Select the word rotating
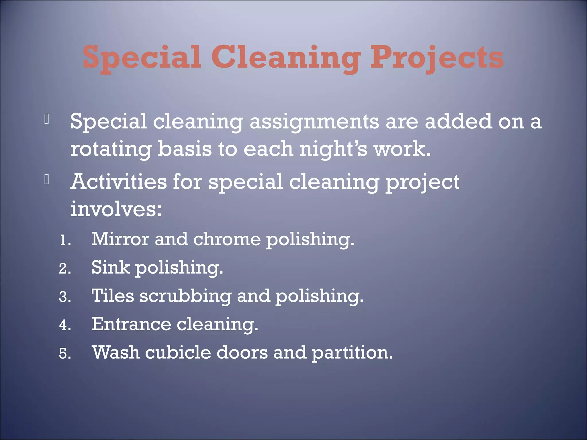point(111,149)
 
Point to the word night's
point(333,149)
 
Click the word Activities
point(118,182)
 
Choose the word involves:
point(116,209)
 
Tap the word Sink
point(110,267)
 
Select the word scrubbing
point(185,296)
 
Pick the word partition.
point(352,353)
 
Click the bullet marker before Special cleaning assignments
point(47,119)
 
